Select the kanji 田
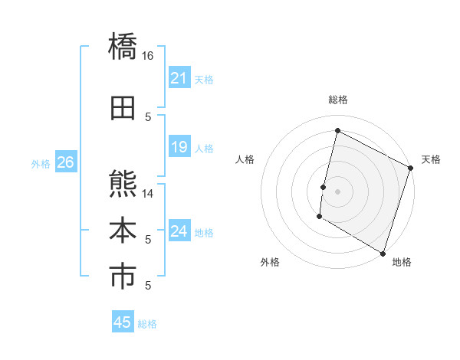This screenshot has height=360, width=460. [x=123, y=108]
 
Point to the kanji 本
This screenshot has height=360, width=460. [x=123, y=231]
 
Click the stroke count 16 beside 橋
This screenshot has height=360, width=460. [x=148, y=56]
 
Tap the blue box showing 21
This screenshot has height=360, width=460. [x=179, y=78]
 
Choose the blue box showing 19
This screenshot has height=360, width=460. [x=179, y=147]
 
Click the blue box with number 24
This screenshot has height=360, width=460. [x=179, y=231]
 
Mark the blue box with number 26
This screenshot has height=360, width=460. [x=65, y=162]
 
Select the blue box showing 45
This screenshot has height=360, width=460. [x=123, y=322]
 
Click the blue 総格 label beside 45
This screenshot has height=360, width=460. [x=147, y=324]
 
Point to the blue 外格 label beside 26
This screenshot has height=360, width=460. [x=41, y=163]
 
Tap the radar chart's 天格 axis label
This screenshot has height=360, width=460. [x=431, y=159]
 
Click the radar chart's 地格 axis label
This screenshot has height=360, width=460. [x=402, y=262]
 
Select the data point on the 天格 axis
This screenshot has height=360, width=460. [x=410, y=168]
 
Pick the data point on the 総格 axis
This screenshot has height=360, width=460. [x=337, y=130]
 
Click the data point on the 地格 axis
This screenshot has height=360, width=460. [x=382, y=253]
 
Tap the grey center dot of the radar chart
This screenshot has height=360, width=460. [x=337, y=191]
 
